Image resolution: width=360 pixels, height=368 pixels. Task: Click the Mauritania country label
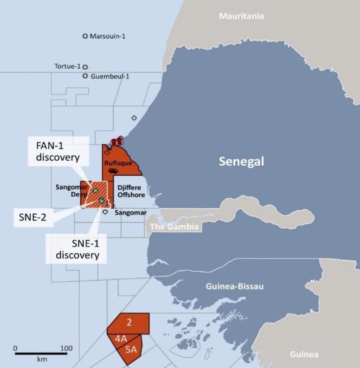[241, 16]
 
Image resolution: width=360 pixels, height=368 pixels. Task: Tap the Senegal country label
[241, 161]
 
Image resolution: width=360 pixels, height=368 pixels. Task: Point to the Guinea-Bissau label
[234, 286]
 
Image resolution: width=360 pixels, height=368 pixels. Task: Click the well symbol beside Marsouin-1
[85, 36]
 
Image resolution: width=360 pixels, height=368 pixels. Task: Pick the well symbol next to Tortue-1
[85, 67]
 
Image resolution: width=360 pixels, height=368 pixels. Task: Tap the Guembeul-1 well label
[109, 76]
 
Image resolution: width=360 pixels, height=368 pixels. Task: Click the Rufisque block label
[118, 163]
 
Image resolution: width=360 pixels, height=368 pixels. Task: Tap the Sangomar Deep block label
[72, 191]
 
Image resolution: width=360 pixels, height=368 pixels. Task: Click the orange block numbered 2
[129, 322]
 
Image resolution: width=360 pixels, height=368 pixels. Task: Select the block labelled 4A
[120, 338]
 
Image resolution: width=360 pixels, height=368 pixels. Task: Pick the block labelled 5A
[131, 350]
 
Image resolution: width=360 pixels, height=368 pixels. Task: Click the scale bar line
[40, 354]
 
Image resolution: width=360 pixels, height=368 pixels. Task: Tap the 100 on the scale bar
[66, 348]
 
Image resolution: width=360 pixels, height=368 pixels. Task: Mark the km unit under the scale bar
[41, 360]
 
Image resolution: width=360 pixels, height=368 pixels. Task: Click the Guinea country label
[304, 354]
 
